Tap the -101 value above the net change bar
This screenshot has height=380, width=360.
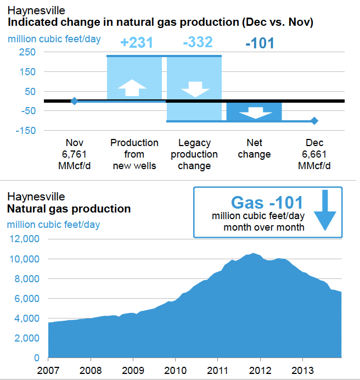[260, 43]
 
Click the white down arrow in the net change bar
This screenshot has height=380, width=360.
[256, 113]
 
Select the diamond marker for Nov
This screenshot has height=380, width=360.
[74, 101]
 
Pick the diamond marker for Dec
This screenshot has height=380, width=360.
[314, 121]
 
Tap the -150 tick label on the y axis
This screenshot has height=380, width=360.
[26, 130]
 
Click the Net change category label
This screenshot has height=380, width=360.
[254, 149]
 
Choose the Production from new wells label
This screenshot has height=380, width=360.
[134, 154]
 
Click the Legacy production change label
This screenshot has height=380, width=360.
[194, 154]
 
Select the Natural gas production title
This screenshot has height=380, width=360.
[69, 209]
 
